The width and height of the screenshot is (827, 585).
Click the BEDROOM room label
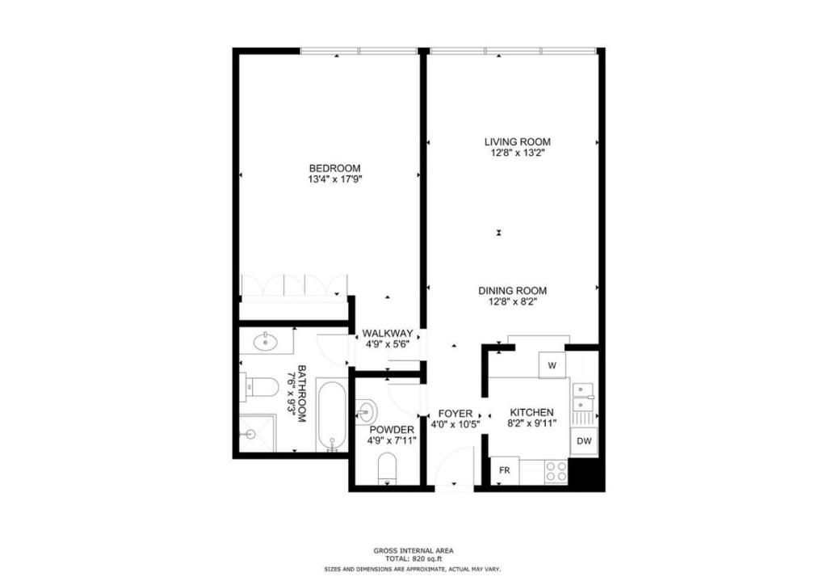click(x=329, y=168)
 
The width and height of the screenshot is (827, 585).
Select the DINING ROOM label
click(x=512, y=291)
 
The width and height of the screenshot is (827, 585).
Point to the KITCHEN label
click(x=530, y=412)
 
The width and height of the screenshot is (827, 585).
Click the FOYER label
click(x=455, y=414)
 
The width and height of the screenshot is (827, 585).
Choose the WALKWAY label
click(x=387, y=333)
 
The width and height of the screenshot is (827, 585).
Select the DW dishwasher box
click(x=585, y=442)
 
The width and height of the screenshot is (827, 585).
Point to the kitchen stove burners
click(x=556, y=471)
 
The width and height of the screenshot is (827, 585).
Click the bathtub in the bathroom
click(x=330, y=415)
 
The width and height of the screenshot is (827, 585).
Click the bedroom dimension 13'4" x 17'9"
click(x=329, y=180)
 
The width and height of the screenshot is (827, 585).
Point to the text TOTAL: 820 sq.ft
click(x=413, y=558)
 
